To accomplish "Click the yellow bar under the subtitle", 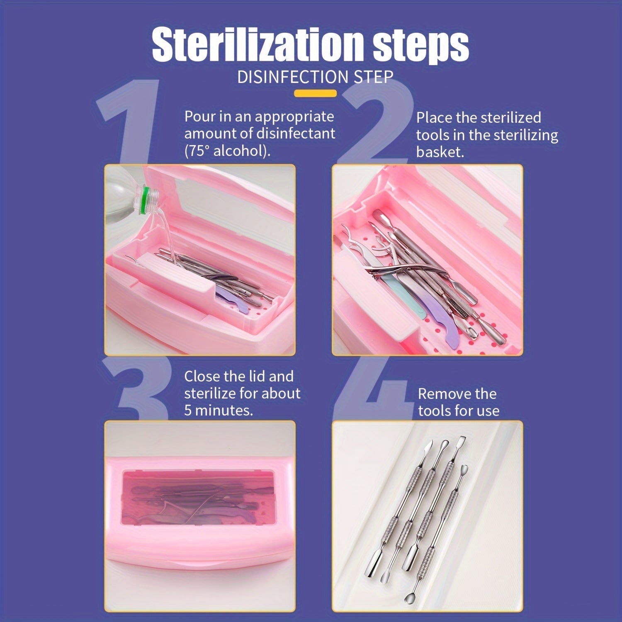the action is point(315,93).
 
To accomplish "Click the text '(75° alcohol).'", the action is point(227,150).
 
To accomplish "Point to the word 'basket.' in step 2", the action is point(440,152).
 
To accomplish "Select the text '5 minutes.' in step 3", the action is point(219,411).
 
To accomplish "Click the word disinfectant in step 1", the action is point(296,134).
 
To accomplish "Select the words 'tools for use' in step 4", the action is point(459,411).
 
